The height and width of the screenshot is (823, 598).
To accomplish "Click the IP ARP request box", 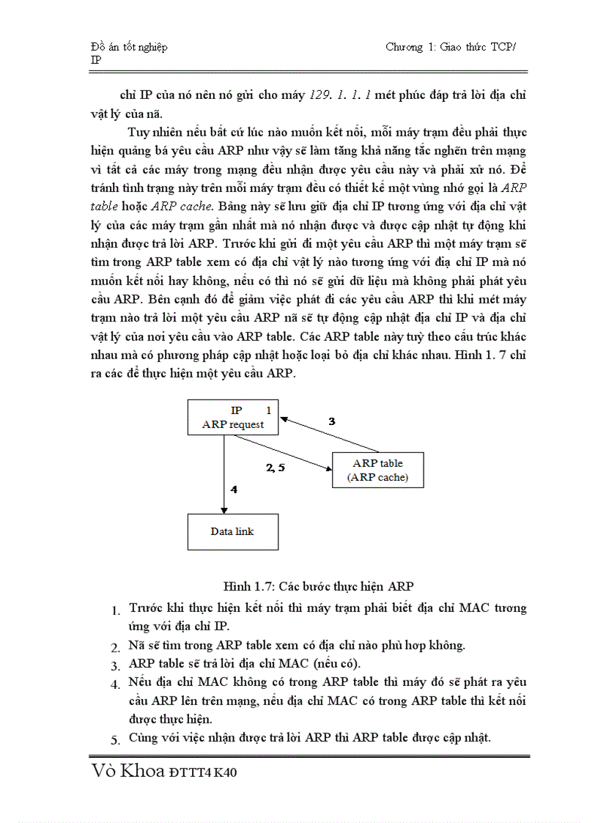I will (x=233, y=418).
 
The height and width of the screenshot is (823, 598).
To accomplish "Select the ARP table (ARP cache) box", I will (x=377, y=470).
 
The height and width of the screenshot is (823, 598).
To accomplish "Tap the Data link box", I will (x=233, y=531).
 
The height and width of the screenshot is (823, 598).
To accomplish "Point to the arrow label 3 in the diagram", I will (x=331, y=421).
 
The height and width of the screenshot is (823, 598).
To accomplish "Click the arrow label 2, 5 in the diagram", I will (x=275, y=467).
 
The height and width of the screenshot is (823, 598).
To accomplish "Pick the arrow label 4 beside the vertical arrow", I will (x=234, y=489).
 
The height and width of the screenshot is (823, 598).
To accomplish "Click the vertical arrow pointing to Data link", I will (x=223, y=476).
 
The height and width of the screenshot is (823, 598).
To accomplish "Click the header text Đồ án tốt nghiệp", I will (x=128, y=47).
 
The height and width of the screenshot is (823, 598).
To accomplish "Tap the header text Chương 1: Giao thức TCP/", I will (x=451, y=47).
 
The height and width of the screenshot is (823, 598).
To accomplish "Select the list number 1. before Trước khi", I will (x=116, y=610).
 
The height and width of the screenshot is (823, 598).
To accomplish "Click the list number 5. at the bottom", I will (x=115, y=739).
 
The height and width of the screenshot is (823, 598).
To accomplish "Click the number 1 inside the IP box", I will (x=268, y=410).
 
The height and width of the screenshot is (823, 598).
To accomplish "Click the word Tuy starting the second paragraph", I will (x=138, y=132).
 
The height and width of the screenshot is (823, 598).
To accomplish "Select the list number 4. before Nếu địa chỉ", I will (x=115, y=684).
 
